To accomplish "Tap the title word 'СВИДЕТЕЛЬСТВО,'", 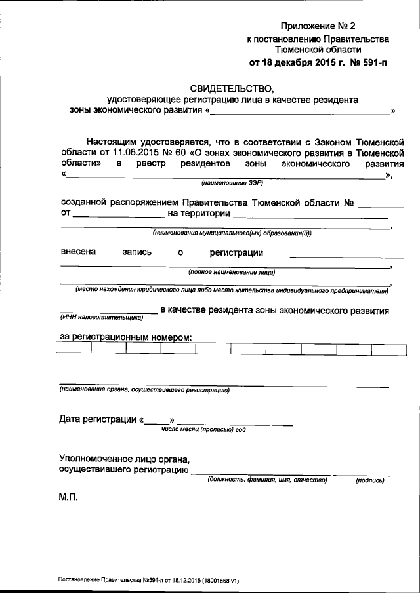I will point(230,88).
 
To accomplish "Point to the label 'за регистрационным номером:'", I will point(125,336).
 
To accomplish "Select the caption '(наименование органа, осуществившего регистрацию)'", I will point(144,391).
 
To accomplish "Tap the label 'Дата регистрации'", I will point(98,419).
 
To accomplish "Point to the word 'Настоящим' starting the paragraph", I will point(110,141).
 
